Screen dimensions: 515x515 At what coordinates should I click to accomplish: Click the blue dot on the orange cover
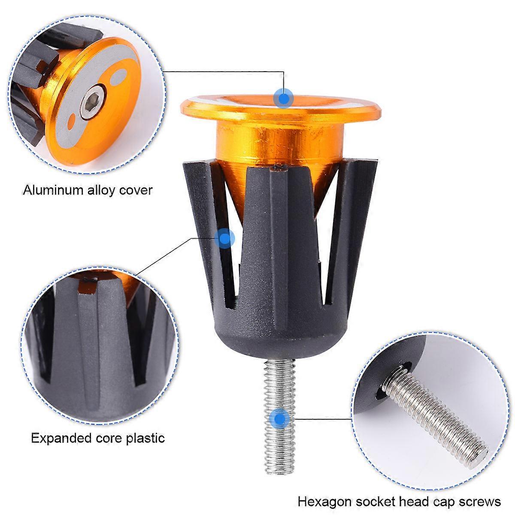pos(283,98)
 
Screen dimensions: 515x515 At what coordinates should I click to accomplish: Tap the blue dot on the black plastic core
pos(226,237)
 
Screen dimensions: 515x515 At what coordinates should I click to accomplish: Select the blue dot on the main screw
pos(280,418)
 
